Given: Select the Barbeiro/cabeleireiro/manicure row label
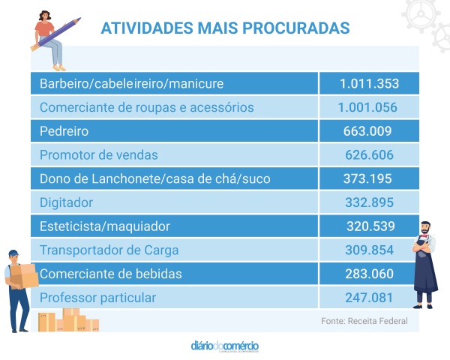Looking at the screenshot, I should click(x=131, y=83).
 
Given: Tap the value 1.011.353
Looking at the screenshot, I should click(x=368, y=83).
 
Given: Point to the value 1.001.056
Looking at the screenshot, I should click(x=367, y=107).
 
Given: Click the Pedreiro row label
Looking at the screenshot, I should click(x=64, y=131).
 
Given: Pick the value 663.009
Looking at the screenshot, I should click(x=367, y=131).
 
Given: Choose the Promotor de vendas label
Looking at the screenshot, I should click(x=98, y=154).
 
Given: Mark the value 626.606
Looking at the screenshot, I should click(x=367, y=154).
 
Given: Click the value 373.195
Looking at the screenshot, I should click(x=367, y=178).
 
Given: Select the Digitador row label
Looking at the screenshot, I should click(x=66, y=202).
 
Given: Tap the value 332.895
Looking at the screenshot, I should click(x=367, y=202).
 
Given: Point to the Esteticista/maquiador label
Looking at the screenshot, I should click(x=105, y=226).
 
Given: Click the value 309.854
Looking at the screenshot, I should click(x=367, y=250).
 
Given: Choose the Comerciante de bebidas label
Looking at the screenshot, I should click(x=110, y=274).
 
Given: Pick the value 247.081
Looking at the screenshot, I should click(x=367, y=298).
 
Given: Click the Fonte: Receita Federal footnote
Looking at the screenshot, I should click(x=364, y=321).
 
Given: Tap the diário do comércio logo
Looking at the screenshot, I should click(x=225, y=346).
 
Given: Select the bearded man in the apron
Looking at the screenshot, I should click(x=425, y=262).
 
